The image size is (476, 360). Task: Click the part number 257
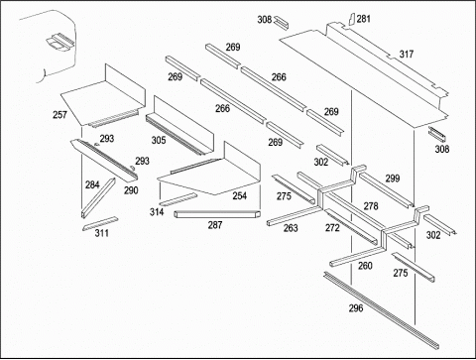(x=59, y=115)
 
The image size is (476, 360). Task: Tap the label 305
(x=159, y=140)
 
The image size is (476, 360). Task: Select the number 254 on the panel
(x=240, y=195)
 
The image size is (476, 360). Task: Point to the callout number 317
(x=407, y=54)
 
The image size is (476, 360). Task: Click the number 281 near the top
(x=364, y=19)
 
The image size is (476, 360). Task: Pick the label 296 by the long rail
(x=356, y=308)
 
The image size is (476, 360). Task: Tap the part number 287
(x=215, y=225)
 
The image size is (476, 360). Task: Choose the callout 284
(x=92, y=184)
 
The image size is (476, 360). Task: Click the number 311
(x=102, y=233)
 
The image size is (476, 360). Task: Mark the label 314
(x=157, y=212)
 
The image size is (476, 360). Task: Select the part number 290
(x=131, y=190)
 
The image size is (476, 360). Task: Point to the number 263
(x=291, y=228)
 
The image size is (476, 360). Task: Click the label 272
(x=332, y=228)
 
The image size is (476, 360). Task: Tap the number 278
(x=371, y=206)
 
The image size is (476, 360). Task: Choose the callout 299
(x=393, y=179)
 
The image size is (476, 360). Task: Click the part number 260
(x=365, y=266)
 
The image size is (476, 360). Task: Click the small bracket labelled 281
(x=352, y=19)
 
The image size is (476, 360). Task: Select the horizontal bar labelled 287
(x=217, y=214)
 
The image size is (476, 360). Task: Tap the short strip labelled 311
(x=100, y=223)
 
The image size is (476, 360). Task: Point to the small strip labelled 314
(x=178, y=199)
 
